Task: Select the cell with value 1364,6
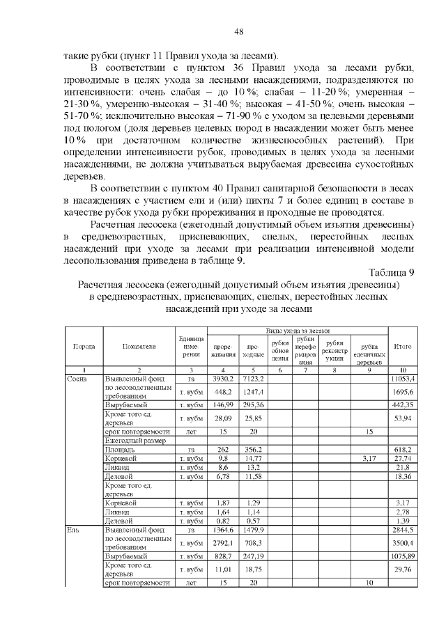pos(223,530)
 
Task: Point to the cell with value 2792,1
pos(223,544)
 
